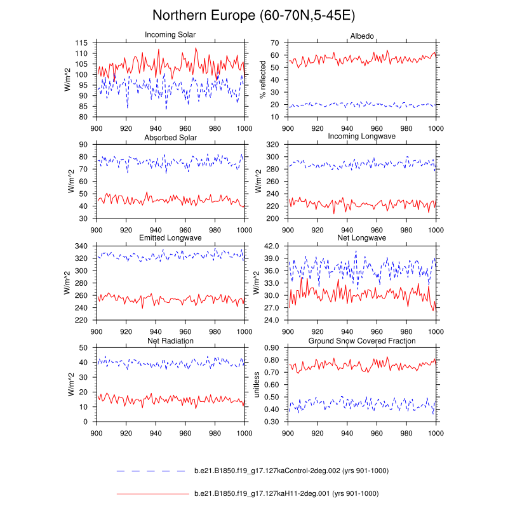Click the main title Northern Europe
click(254, 15)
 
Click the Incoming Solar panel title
click(170, 34)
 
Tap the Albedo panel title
click(361, 34)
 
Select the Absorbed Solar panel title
click(170, 137)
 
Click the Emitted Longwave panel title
click(170, 238)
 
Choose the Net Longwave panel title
click(361, 238)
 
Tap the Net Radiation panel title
click(170, 341)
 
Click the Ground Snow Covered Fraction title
click(361, 341)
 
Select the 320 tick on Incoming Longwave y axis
click(274, 144)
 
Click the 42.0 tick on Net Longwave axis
click(273, 246)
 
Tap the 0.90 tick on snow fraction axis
click(273, 347)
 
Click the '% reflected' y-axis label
click(262, 80)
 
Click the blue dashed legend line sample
click(150, 471)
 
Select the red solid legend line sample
click(150, 493)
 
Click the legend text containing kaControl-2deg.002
click(291, 471)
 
